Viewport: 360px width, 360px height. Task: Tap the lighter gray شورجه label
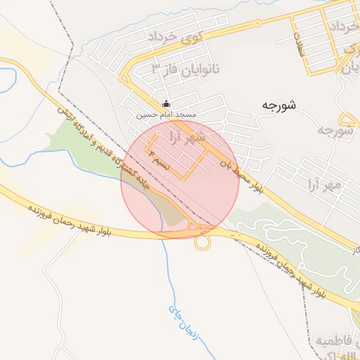pyautogui.click(x=334, y=131)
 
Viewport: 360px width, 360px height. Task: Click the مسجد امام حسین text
pyautogui.click(x=167, y=114)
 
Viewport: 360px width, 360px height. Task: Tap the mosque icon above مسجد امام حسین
pyautogui.click(x=166, y=103)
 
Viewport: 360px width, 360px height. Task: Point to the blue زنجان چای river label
pyautogui.click(x=183, y=320)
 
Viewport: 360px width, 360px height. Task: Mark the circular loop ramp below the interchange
pyautogui.click(x=202, y=243)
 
